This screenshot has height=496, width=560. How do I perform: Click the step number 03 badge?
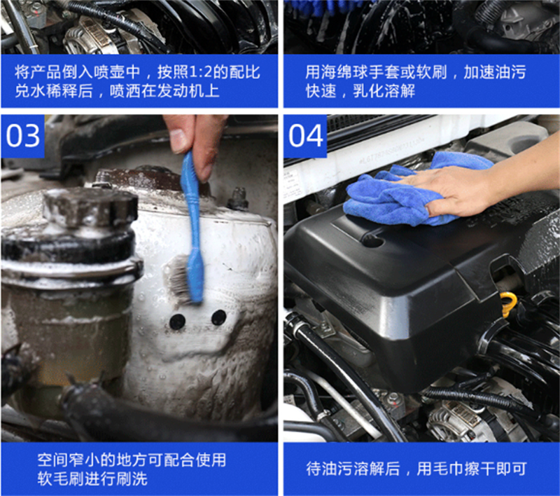22,136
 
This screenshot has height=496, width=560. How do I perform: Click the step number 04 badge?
305,136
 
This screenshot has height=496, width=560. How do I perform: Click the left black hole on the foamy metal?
177,322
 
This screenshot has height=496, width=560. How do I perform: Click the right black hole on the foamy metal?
219,317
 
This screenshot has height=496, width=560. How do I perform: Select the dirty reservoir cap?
90,208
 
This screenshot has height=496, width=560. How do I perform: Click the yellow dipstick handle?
509,304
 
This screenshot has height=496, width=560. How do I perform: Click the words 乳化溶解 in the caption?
384,91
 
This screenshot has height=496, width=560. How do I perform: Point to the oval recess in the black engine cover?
372,239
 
